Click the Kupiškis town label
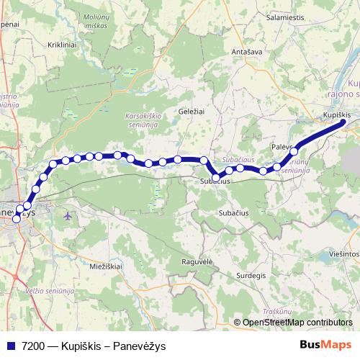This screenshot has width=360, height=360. tap(336, 114)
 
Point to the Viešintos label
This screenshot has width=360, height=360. tap(343, 254)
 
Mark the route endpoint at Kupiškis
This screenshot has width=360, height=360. tap(343, 122)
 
